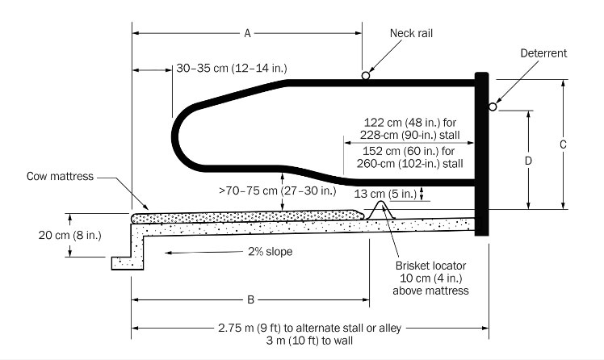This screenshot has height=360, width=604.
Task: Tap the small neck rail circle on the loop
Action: (366, 76)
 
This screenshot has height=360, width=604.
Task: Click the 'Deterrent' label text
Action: (543, 53)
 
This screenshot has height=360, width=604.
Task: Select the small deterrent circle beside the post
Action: (493, 107)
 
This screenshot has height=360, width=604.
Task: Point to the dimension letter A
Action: (246, 33)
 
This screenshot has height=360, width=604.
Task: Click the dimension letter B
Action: (250, 300)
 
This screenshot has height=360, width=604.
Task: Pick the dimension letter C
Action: (563, 144)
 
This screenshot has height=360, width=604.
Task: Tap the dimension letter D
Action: (527, 160)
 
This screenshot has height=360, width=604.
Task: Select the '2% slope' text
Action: (269, 252)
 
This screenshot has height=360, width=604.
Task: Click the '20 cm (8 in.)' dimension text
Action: (35, 235)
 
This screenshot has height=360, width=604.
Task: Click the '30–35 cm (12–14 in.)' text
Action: (231, 69)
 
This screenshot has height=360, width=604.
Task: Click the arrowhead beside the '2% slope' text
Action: (170, 252)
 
